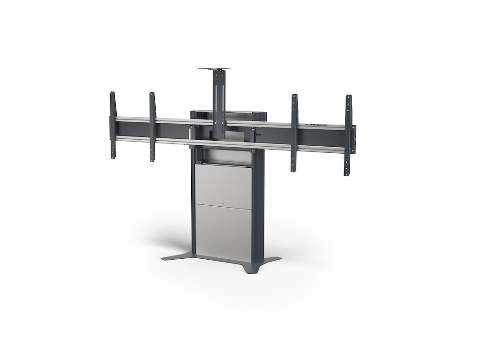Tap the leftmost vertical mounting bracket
click(x=112, y=125)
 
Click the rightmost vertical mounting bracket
click(x=348, y=136)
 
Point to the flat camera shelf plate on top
click(x=216, y=68)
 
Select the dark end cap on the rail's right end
click(x=354, y=139)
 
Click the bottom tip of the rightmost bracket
click(x=347, y=176)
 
